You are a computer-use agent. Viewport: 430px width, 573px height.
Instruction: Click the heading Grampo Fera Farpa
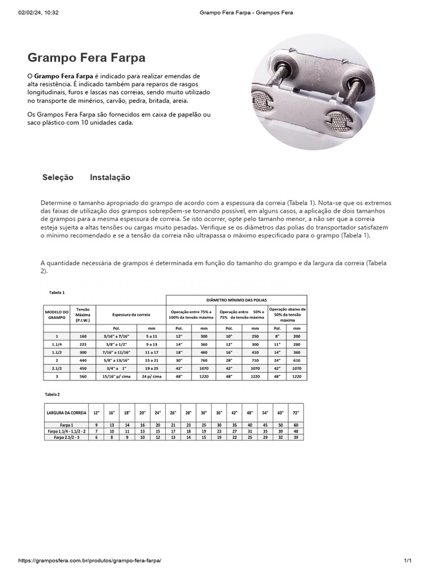click(87, 58)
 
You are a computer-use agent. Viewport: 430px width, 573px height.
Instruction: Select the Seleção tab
click(58, 177)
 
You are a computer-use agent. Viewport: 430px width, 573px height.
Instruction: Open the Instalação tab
click(110, 177)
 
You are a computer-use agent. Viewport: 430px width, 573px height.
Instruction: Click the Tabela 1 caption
click(57, 292)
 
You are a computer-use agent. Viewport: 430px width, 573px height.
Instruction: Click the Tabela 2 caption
click(52, 394)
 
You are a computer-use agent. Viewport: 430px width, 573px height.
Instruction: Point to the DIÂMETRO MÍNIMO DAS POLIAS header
click(236, 300)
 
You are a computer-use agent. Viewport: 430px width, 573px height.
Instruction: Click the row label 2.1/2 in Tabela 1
click(57, 369)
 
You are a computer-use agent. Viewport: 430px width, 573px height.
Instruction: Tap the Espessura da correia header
click(131, 314)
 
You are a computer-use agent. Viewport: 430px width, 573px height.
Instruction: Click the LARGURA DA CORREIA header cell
click(66, 412)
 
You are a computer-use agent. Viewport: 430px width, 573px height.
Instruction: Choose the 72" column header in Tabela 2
click(295, 412)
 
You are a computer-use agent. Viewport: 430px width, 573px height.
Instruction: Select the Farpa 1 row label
click(66, 425)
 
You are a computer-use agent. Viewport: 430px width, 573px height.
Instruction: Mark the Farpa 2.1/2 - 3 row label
click(66, 437)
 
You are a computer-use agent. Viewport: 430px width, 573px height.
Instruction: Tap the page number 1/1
click(407, 560)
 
